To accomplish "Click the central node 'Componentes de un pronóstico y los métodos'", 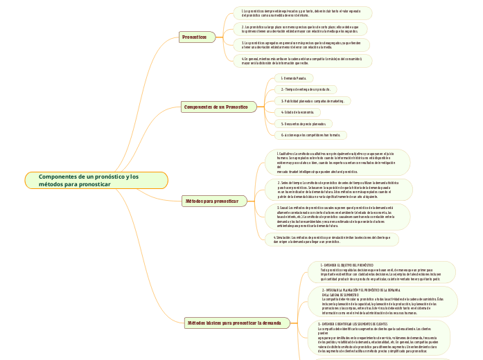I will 96,181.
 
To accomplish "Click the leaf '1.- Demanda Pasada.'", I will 294,78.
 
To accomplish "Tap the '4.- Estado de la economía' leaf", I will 297,112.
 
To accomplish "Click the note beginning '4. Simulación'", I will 331,239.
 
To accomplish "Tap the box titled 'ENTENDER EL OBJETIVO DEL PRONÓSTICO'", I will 380,272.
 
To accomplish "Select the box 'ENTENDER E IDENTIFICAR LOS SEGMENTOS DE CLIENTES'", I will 381,337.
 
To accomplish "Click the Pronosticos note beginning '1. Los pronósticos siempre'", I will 302,13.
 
